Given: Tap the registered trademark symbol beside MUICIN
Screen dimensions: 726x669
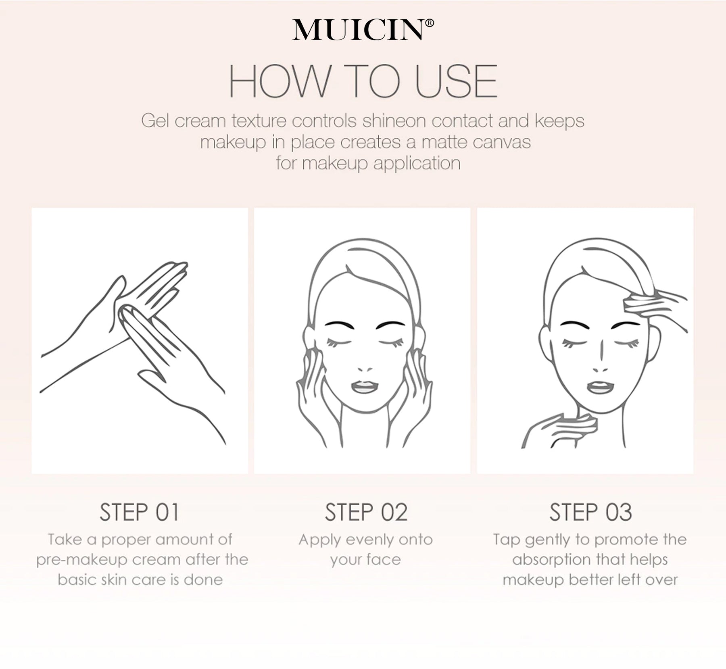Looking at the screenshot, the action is coord(430,23).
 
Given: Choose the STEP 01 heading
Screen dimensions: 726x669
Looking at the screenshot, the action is coord(139,512).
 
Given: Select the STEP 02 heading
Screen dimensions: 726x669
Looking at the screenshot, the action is coord(366,512).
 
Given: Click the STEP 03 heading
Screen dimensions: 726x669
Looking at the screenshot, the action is coord(590,512).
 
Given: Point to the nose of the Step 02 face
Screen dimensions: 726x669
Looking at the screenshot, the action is coord(365,368).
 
